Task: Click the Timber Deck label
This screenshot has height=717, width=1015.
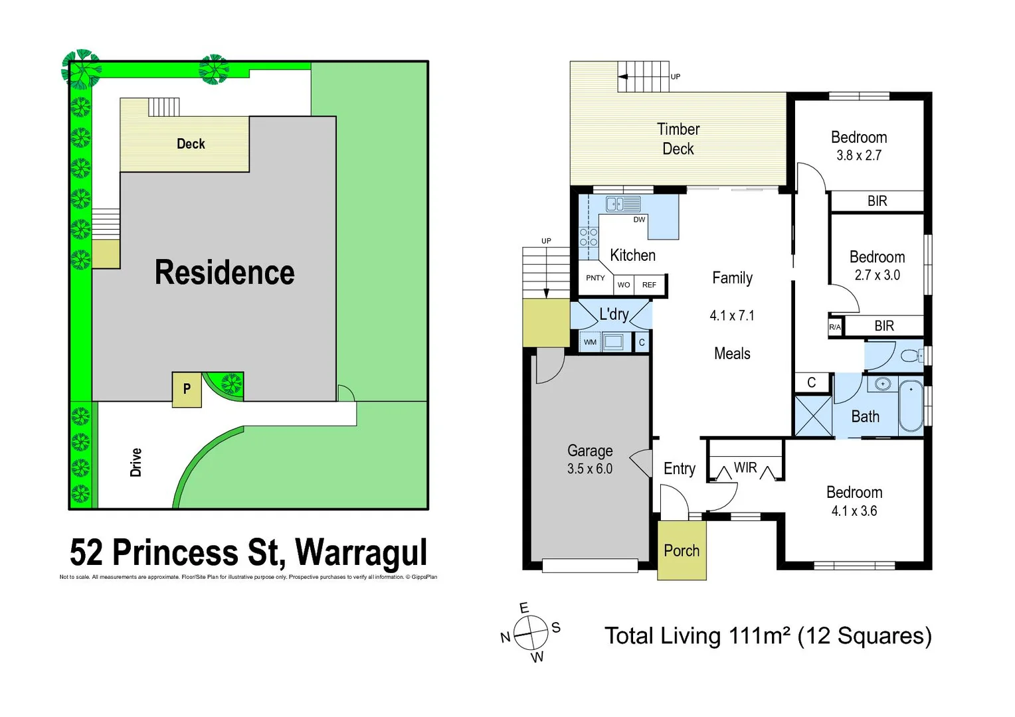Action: point(678,139)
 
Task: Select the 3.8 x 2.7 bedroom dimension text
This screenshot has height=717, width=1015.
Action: point(858,155)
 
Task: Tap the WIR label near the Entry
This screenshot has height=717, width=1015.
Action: point(745,467)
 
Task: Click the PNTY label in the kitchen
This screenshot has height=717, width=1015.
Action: point(595,278)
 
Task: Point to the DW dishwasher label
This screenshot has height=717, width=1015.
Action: point(639,220)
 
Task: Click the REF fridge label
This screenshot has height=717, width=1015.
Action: point(649,285)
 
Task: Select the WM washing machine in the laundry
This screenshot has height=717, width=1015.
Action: point(590,343)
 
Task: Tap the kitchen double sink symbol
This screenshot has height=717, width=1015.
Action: point(623,204)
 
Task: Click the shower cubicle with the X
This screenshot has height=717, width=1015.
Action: point(813,416)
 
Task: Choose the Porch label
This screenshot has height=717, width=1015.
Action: point(682,550)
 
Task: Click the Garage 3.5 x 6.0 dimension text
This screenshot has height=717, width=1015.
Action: point(590,469)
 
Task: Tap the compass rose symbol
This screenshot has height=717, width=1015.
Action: point(530,633)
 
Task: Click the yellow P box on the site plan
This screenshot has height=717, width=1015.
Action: point(187,389)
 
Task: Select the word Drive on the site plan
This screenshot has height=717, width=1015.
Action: point(136,462)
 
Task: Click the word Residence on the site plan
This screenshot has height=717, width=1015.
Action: point(225,272)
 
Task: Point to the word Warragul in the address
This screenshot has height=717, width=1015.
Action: point(361,552)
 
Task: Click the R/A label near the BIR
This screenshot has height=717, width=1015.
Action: point(834,327)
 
